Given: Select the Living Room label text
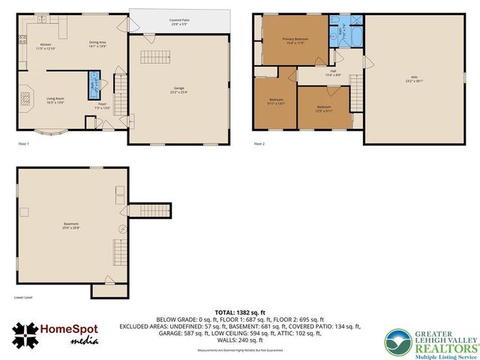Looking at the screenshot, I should [55, 100].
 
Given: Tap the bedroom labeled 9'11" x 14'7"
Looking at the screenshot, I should [276, 102].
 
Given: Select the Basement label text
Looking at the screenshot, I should [71, 226].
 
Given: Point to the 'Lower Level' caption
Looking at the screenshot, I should [23, 297].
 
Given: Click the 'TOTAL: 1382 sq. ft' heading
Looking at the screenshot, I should [240, 310].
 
